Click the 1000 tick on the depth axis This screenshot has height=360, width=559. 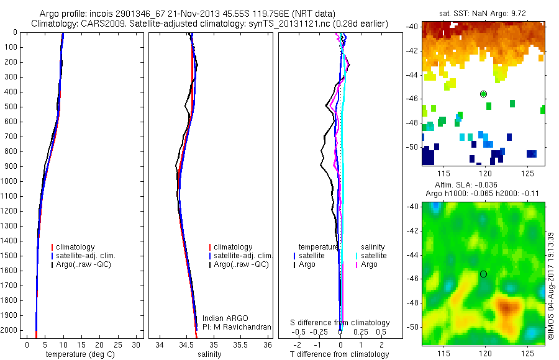point(9,181)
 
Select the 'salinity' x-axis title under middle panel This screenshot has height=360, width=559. point(209,354)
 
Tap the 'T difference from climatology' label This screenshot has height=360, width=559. point(339,354)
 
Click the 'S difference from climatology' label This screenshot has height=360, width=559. point(340,323)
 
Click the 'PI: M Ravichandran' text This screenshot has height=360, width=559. point(237,327)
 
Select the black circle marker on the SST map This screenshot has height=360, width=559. point(483,94)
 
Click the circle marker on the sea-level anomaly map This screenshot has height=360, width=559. point(483,274)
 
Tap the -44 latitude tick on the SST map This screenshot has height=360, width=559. point(412,74)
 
